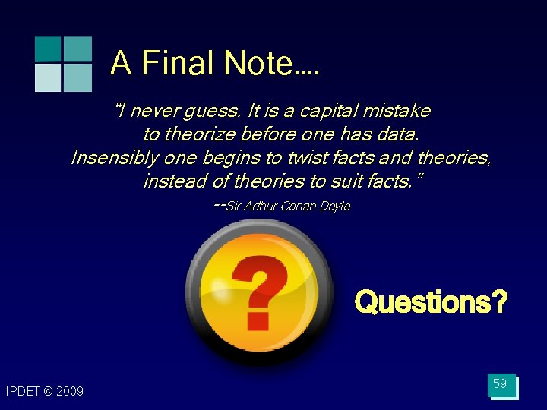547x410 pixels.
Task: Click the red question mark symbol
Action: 259,292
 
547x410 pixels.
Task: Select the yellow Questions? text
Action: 431,302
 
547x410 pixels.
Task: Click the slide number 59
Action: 500,384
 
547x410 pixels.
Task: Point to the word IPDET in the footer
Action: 22,392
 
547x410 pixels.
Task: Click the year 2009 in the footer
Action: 70,392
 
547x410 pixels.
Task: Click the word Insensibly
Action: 113,158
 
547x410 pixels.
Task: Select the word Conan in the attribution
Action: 299,207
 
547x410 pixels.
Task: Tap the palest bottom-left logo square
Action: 47,77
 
